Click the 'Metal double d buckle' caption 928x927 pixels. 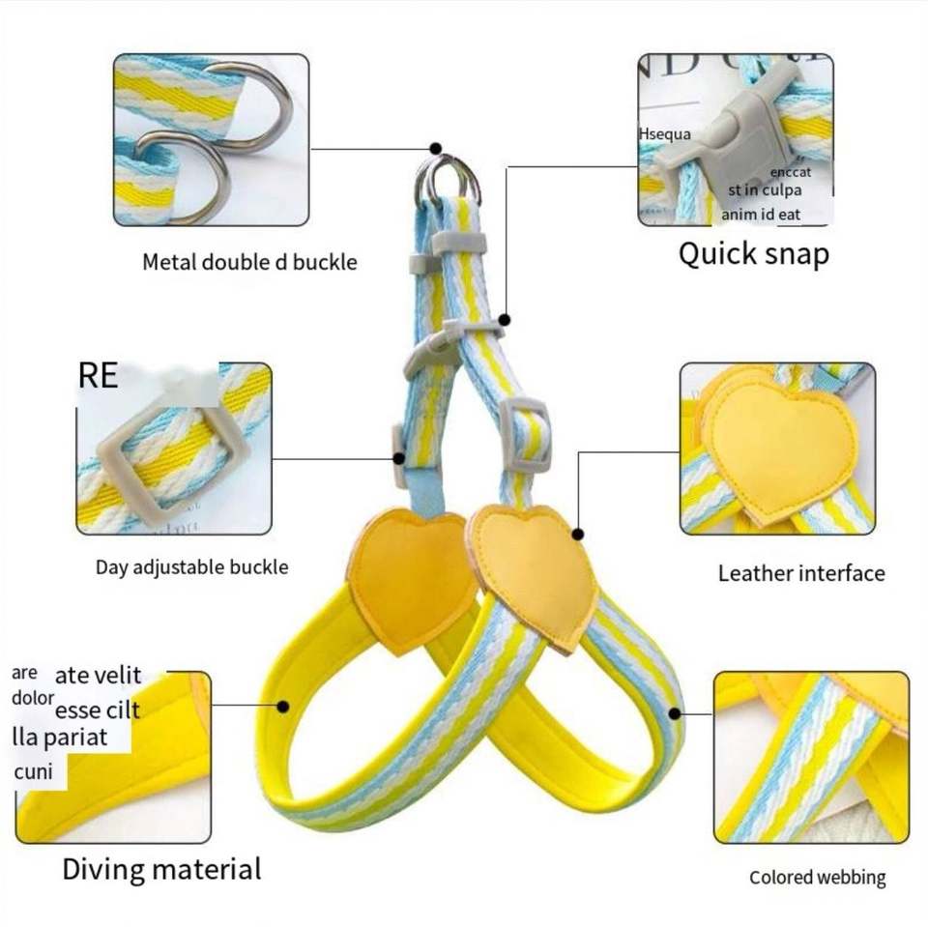click(x=249, y=261)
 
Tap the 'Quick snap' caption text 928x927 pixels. click(x=753, y=254)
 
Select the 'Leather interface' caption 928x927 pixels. click(x=800, y=573)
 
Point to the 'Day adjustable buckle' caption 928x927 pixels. click(x=191, y=566)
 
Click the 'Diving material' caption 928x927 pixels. click(x=161, y=868)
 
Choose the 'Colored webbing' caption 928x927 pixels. click(x=817, y=878)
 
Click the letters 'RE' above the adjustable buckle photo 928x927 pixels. click(x=98, y=376)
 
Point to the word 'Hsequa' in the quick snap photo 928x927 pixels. click(x=664, y=134)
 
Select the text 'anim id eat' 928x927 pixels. click(x=761, y=215)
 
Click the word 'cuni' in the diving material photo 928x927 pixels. click(x=34, y=771)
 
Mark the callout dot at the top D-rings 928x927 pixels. click(x=435, y=149)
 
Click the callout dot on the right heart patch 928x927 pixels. click(x=577, y=534)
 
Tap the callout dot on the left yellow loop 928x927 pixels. click(x=283, y=707)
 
